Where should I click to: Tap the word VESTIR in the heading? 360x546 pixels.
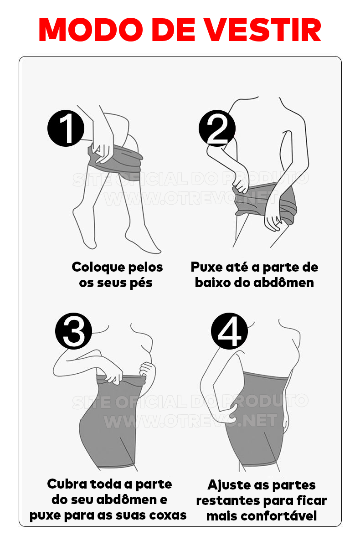click(262, 30)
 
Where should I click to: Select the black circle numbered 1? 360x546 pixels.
click(66, 128)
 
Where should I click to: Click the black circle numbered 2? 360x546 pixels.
click(217, 128)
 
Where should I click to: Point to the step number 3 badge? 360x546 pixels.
click(73, 331)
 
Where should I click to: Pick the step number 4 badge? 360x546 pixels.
click(229, 331)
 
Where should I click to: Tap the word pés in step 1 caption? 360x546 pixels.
click(141, 283)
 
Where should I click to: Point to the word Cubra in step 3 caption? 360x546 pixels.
click(67, 484)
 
